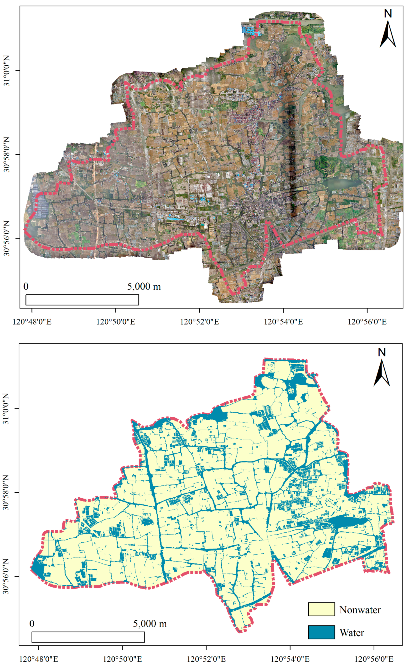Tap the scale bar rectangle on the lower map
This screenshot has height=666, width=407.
click(x=88, y=637)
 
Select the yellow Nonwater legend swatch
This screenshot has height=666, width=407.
click(x=321, y=610)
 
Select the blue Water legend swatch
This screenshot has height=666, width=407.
click(x=321, y=632)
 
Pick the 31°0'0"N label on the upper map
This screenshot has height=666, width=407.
click(x=6, y=71)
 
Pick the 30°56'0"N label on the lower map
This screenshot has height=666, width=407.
click(x=6, y=576)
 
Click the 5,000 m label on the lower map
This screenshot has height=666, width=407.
click(x=150, y=624)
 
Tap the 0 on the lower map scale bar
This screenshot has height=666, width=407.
click(x=32, y=624)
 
